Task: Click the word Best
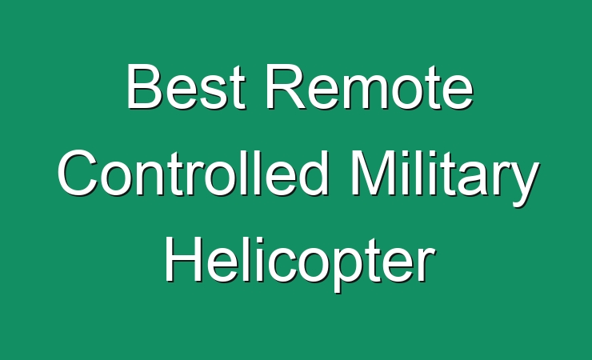[x=186, y=86]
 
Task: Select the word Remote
[x=370, y=86]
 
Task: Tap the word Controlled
[x=193, y=174]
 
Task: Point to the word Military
[x=445, y=178]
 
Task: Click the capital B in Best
[x=145, y=86]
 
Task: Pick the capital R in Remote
[x=286, y=86]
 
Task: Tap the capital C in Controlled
[x=78, y=174]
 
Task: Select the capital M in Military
[x=374, y=173]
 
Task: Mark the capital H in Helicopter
[x=183, y=260]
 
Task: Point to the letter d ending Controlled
[x=314, y=174]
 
